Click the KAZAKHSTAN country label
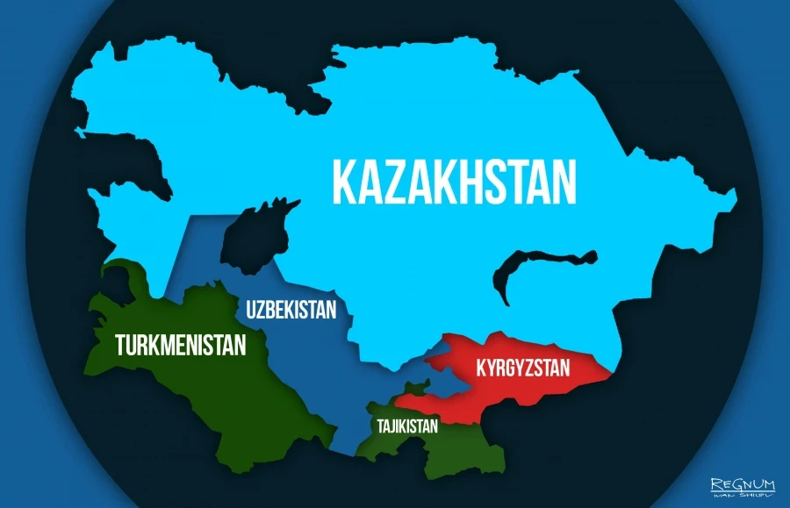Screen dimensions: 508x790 [454, 180]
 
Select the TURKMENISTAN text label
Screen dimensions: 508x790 [180, 344]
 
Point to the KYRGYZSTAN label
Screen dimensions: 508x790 [523, 368]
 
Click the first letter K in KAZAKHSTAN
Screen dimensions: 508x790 [343, 181]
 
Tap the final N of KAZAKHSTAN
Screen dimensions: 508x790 [564, 181]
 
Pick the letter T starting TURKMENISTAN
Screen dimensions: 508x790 [121, 344]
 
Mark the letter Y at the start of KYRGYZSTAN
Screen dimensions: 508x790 [489, 368]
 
